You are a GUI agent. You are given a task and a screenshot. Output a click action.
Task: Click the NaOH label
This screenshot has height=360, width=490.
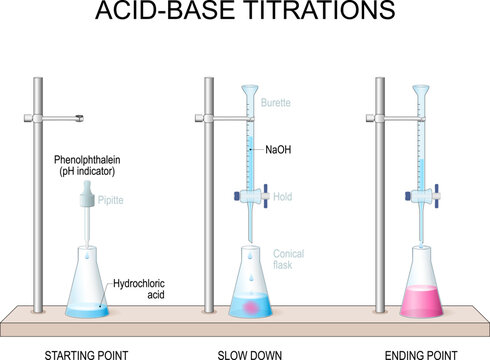(279, 150)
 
